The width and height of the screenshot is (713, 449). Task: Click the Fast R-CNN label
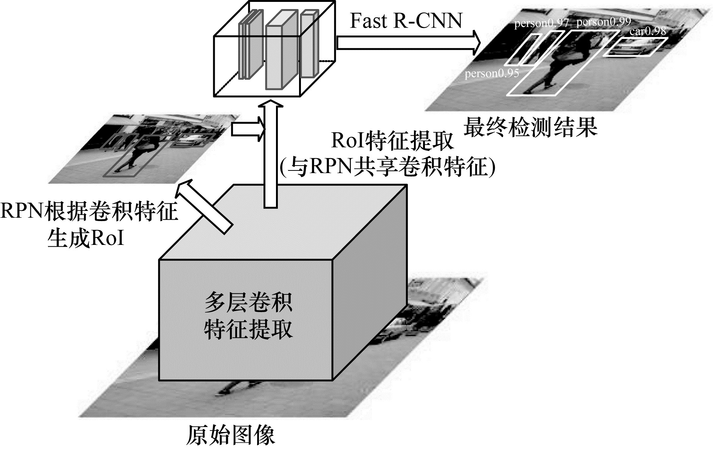[406, 21]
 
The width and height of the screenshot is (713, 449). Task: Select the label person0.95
[491, 73]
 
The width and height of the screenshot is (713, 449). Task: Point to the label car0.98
[648, 31]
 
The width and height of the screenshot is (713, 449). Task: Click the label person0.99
[604, 22]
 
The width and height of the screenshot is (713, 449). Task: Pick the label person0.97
[541, 23]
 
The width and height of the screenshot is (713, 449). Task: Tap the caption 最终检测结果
[530, 127]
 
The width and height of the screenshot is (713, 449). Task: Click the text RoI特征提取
[392, 141]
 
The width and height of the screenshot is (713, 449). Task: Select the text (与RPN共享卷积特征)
[387, 166]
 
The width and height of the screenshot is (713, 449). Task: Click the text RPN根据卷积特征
[89, 211]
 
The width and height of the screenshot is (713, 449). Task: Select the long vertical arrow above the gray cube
[270, 155]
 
